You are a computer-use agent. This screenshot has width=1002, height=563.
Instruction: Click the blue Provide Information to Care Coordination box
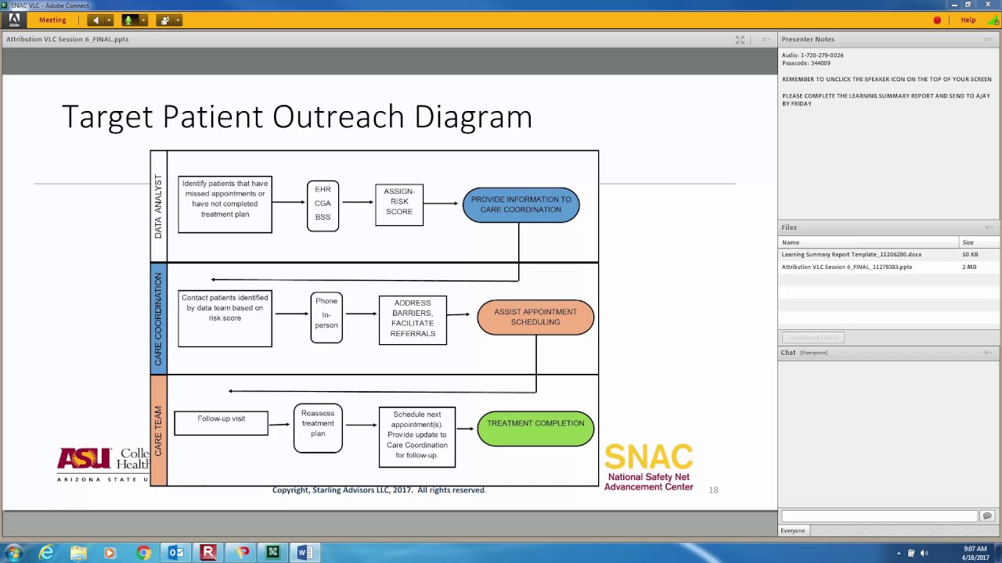pyautogui.click(x=521, y=205)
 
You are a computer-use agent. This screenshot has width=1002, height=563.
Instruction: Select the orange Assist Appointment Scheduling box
pyautogui.click(x=535, y=317)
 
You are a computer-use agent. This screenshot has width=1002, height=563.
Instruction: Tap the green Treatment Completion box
pyautogui.click(x=535, y=429)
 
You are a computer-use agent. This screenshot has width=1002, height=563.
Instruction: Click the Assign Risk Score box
pyautogui.click(x=399, y=205)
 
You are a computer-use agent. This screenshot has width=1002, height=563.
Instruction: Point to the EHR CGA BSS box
pyautogui.click(x=323, y=206)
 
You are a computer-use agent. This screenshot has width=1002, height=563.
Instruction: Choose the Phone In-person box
pyautogui.click(x=326, y=317)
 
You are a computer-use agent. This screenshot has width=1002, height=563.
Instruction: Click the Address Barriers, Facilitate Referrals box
pyautogui.click(x=413, y=320)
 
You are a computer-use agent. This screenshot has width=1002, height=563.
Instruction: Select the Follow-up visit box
pyautogui.click(x=221, y=423)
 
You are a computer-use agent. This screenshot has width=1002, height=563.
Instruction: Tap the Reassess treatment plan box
pyautogui.click(x=318, y=428)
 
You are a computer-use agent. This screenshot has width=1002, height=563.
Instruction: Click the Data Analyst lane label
pyautogui.click(x=158, y=206)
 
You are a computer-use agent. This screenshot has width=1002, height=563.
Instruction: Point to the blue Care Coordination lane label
pyautogui.click(x=158, y=319)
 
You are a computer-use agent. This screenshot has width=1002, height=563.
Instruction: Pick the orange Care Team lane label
pyautogui.click(x=158, y=431)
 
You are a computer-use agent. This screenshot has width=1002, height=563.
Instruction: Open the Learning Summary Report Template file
pyautogui.click(x=851, y=255)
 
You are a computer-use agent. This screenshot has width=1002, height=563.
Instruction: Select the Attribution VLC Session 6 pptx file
pyautogui.click(x=846, y=267)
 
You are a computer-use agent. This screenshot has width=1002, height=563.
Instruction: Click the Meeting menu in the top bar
pyautogui.click(x=52, y=20)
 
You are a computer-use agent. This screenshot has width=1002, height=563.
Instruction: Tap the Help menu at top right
pyautogui.click(x=968, y=20)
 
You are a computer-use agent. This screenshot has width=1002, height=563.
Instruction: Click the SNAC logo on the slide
pyautogui.click(x=648, y=468)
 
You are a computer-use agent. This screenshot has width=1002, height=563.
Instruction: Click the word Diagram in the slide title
pyautogui.click(x=473, y=117)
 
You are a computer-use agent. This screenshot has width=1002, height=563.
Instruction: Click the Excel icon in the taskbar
pyautogui.click(x=272, y=553)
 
